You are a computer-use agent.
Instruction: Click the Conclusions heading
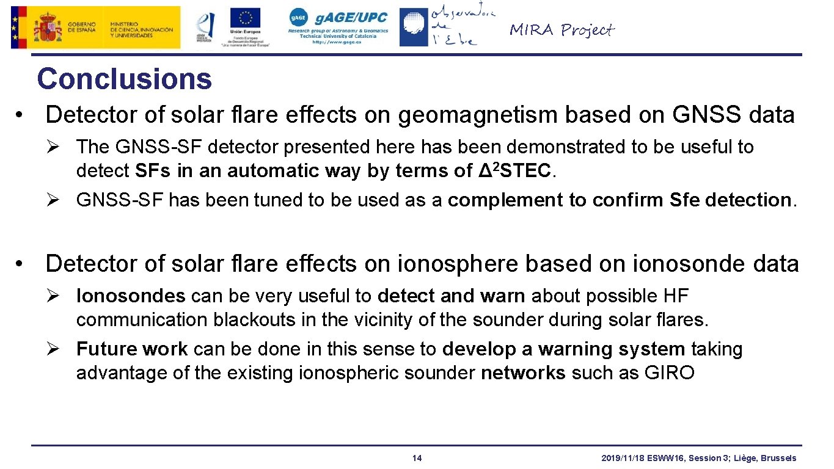(124, 79)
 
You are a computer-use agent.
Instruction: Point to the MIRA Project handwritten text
(561, 29)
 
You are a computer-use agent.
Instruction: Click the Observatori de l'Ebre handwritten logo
(463, 26)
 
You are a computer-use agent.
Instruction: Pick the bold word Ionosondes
(130, 296)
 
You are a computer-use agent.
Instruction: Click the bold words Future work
(131, 349)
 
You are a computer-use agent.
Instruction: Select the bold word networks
(523, 373)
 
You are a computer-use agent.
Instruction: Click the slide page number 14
(417, 458)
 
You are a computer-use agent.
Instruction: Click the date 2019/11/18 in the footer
(620, 458)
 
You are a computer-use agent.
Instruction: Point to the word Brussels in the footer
(778, 458)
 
